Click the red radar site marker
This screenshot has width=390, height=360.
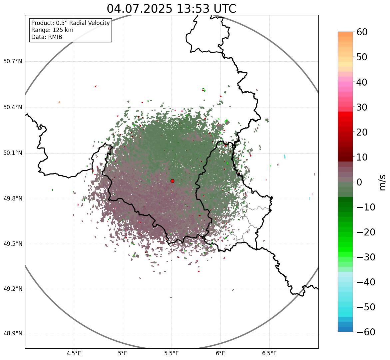[172, 181]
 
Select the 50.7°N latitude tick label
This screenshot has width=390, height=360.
[13, 62]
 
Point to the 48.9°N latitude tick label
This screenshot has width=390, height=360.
[13, 334]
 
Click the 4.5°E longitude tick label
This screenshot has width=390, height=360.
[74, 353]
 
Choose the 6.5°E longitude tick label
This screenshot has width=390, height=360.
[269, 353]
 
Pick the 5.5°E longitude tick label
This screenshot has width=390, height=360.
[172, 353]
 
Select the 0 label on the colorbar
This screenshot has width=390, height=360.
[359, 182]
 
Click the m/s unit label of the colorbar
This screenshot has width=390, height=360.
[382, 182]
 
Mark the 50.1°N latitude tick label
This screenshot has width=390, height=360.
[13, 153]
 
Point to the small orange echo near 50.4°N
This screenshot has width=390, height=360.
[59, 102]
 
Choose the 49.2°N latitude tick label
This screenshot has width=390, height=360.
[13, 289]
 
